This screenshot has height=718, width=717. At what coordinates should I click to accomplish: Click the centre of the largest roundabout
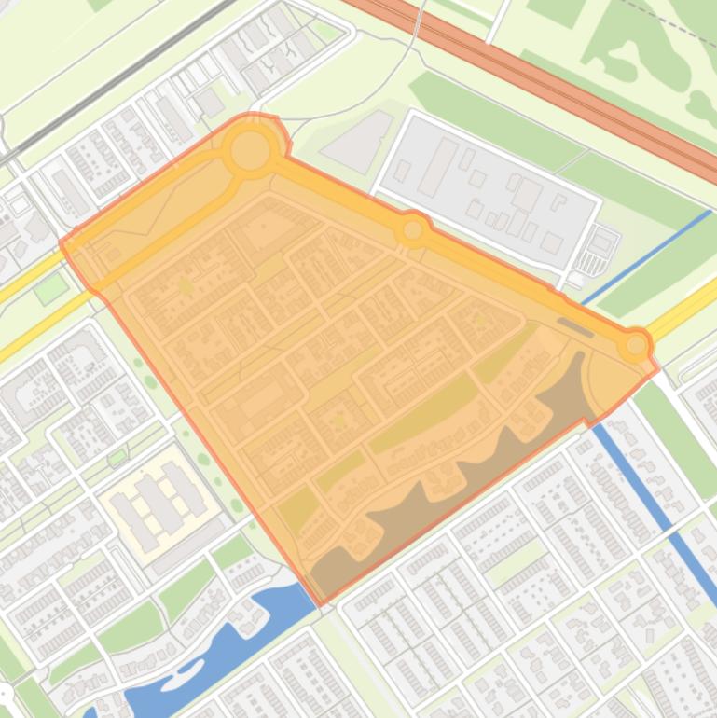(x=250, y=151)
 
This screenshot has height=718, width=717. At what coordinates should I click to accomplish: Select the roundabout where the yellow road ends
(x=636, y=346)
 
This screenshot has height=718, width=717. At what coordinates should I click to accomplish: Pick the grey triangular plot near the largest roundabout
(x=359, y=140)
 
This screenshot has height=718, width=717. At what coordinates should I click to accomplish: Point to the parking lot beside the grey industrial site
(x=601, y=244)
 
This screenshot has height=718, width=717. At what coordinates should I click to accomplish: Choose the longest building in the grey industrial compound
(x=437, y=168)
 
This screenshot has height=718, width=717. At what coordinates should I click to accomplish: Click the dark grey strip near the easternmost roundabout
(x=574, y=326)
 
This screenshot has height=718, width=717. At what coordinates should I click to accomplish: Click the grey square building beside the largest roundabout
(x=209, y=103)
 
